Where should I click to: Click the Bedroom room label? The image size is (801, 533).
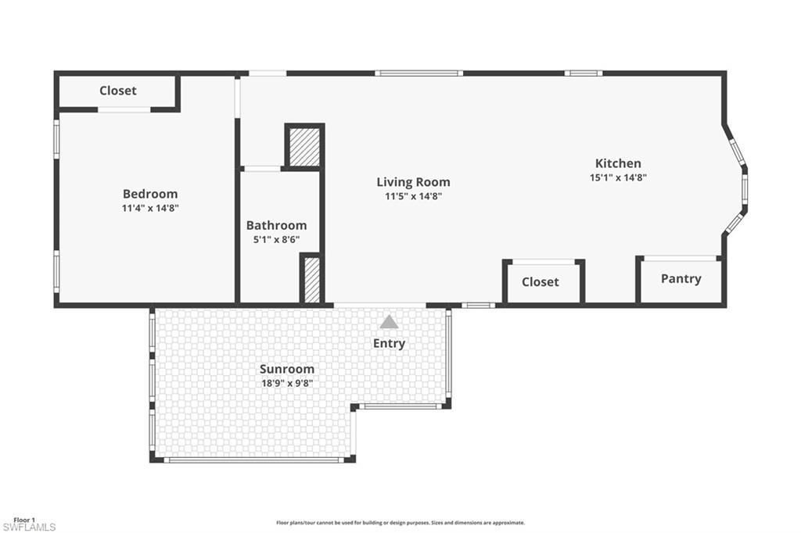pyautogui.click(x=150, y=194)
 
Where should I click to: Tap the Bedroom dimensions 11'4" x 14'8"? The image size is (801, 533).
pyautogui.click(x=150, y=208)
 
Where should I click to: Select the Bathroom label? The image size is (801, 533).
pyautogui.click(x=276, y=226)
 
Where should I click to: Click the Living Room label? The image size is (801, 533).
pyautogui.click(x=413, y=182)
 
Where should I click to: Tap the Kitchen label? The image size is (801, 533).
pyautogui.click(x=618, y=163)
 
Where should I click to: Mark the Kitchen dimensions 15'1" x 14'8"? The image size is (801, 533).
pyautogui.click(x=618, y=177)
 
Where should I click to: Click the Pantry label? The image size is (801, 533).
pyautogui.click(x=681, y=279)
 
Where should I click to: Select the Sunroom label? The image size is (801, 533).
pyautogui.click(x=287, y=369)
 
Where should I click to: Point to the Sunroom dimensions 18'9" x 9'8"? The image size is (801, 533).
pyautogui.click(x=286, y=383)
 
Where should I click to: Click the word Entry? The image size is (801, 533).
pyautogui.click(x=389, y=343)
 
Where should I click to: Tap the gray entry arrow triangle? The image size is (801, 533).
pyautogui.click(x=389, y=321)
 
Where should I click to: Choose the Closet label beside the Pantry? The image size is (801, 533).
pyautogui.click(x=540, y=281)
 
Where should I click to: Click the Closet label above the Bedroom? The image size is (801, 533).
pyautogui.click(x=118, y=91)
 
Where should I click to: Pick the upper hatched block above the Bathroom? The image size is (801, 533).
pyautogui.click(x=304, y=146)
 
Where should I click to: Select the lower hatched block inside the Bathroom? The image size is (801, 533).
pyautogui.click(x=311, y=280)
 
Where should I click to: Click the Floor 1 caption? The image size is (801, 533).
pyautogui.click(x=24, y=520)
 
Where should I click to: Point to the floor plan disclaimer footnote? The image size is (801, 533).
pyautogui.click(x=400, y=523)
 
